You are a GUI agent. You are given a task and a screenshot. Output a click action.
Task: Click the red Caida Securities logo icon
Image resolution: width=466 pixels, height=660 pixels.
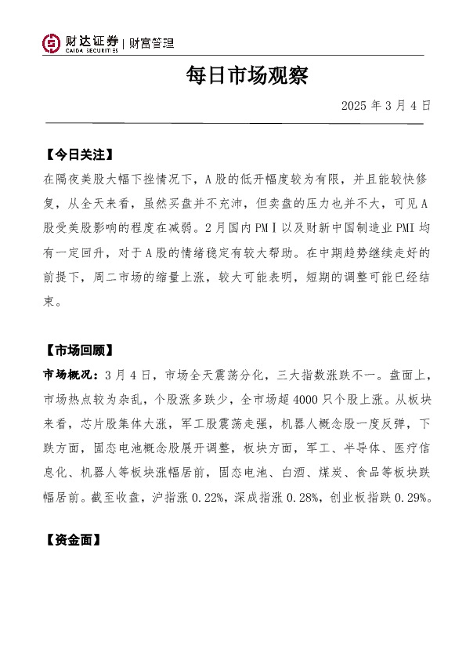click(x=51, y=43)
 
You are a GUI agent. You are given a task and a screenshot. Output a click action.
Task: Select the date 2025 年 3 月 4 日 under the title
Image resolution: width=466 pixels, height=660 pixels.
click(x=386, y=105)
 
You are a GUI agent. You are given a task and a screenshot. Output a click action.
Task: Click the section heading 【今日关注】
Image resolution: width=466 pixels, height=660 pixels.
click(x=79, y=154)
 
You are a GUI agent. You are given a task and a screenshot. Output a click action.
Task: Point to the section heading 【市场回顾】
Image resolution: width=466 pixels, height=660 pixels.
click(x=79, y=350)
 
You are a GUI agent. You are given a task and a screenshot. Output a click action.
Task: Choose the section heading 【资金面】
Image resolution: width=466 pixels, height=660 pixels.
click(x=74, y=540)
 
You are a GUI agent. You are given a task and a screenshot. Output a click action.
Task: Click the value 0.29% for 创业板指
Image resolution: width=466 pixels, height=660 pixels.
click(x=408, y=498)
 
